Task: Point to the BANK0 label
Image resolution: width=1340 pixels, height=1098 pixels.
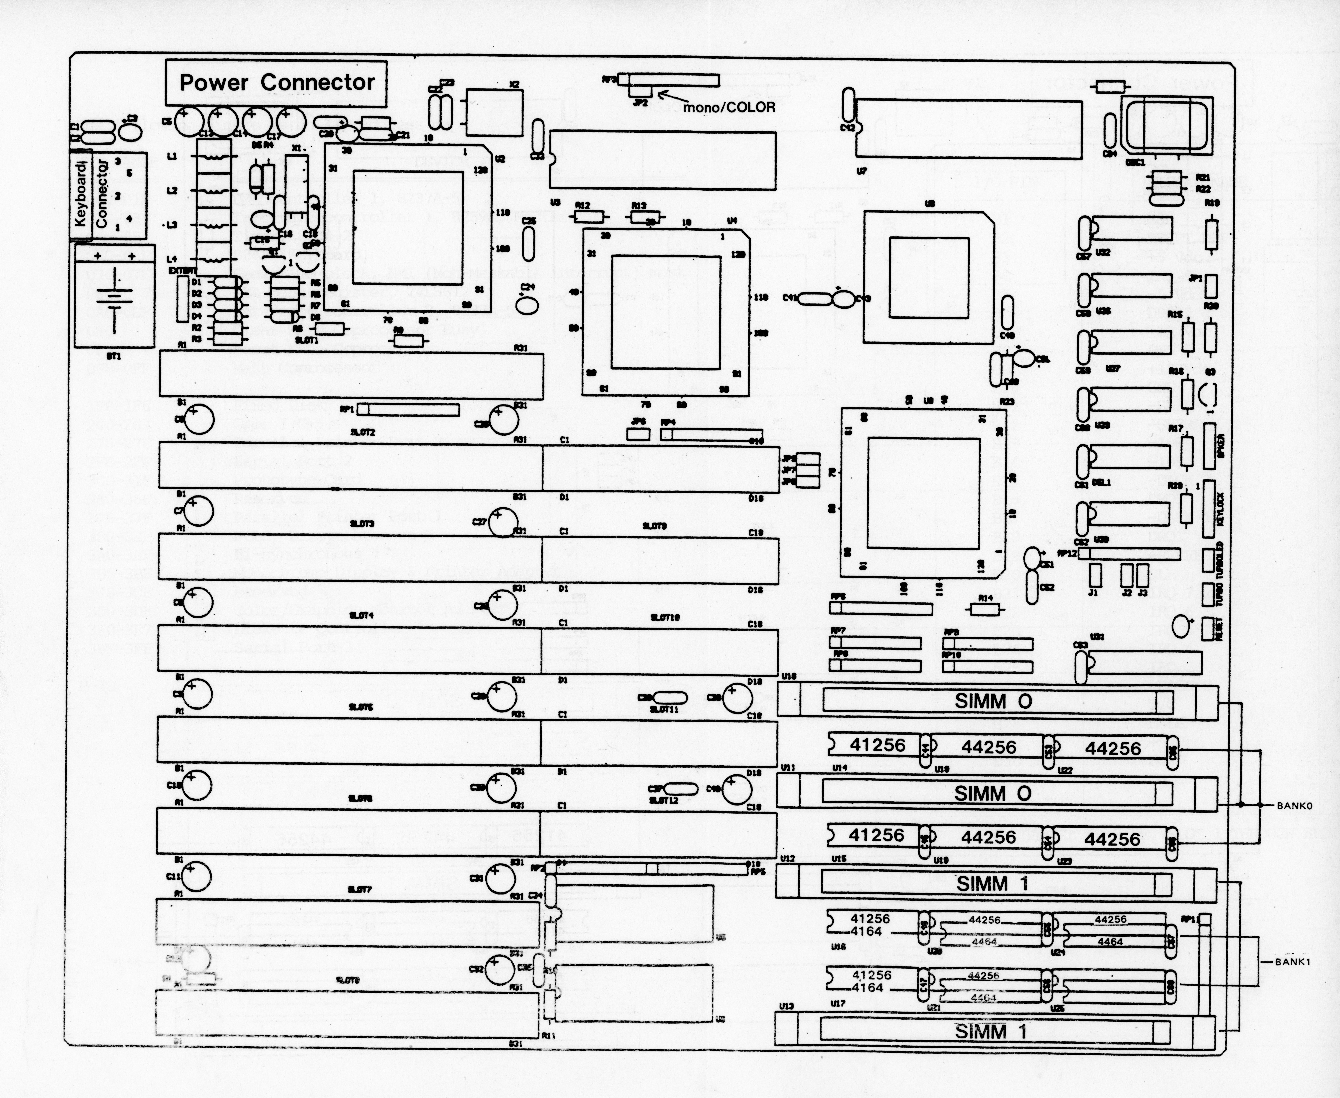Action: [1294, 806]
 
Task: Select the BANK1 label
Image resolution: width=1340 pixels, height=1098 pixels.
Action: [1293, 962]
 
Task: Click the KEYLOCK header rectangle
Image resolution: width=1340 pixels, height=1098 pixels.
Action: [1209, 510]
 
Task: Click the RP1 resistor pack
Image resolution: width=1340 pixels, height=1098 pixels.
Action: [408, 410]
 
